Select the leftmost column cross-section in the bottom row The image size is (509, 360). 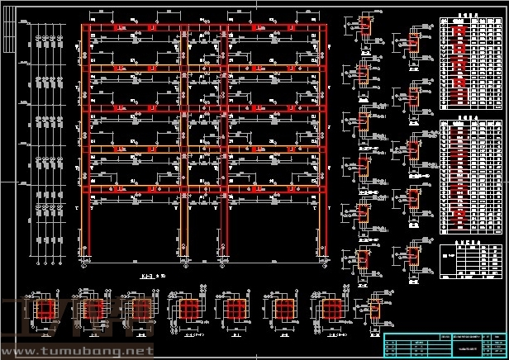[44, 310]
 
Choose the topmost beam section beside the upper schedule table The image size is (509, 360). [413, 41]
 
